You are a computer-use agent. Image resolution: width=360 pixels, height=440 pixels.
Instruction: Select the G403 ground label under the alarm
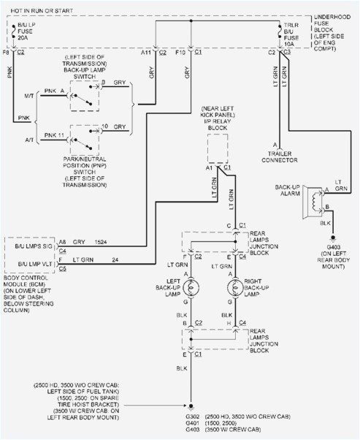point(332,246)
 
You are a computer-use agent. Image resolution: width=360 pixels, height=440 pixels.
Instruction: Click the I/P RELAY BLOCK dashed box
point(218,149)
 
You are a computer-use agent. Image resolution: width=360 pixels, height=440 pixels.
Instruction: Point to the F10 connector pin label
point(180,53)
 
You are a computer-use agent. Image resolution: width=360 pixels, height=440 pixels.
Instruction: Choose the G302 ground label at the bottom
point(191,415)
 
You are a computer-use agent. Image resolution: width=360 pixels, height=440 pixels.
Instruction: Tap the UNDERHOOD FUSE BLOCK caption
point(334,28)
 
